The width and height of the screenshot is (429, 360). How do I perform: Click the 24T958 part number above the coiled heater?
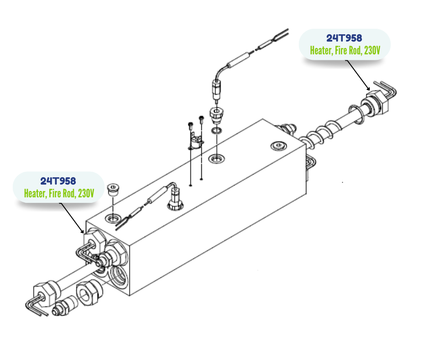344,38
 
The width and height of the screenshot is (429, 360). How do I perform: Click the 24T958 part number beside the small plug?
58,181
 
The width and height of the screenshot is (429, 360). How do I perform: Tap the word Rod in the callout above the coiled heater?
355,51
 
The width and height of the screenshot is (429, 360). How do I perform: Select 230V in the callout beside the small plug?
86,194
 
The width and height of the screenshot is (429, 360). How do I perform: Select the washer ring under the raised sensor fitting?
216,132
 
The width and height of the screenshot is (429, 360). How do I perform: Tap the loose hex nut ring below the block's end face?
86,293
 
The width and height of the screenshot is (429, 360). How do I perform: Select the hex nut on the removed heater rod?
45,291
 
